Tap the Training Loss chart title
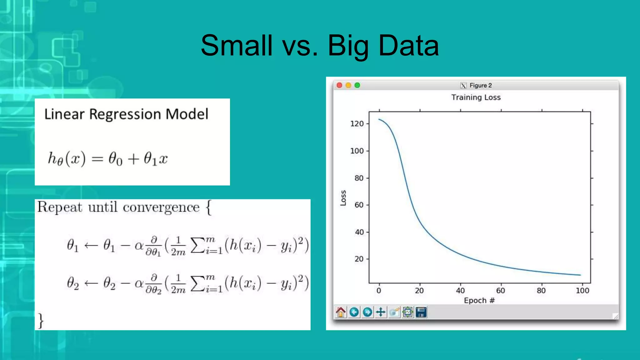[x=476, y=97]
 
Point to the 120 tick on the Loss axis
[x=357, y=124]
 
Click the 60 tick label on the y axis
[x=359, y=205]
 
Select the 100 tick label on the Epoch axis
[x=582, y=291]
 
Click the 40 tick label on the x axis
[x=460, y=291]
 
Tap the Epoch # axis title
[x=479, y=301]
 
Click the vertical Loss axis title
[x=343, y=198]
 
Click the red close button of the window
[x=339, y=85]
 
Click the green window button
[x=357, y=85]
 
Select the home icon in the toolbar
[x=341, y=312]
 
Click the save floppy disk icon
[x=421, y=312]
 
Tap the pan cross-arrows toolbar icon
[x=381, y=312]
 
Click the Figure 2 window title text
[x=480, y=85]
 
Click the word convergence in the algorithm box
[x=161, y=207]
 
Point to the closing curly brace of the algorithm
[x=41, y=321]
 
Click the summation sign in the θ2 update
[x=197, y=283]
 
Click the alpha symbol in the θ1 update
[x=139, y=246]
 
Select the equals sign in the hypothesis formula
[x=97, y=159]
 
